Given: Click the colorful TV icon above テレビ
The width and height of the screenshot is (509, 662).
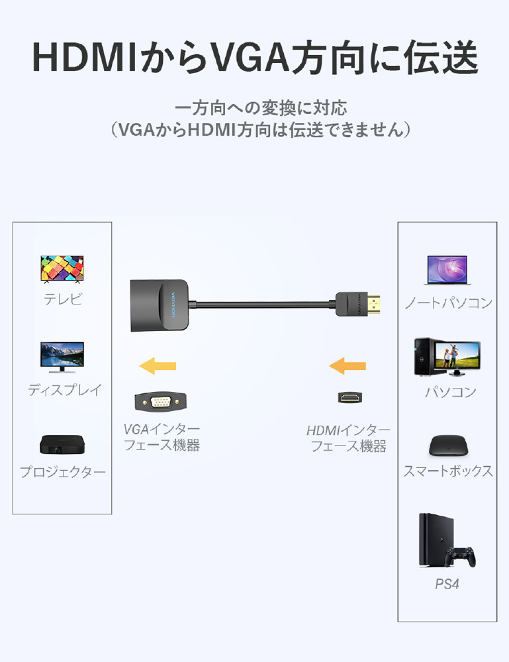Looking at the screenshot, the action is click(x=62, y=269).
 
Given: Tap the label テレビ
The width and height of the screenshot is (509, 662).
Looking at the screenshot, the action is click(x=62, y=299).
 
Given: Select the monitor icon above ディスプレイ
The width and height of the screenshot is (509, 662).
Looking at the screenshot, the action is click(x=62, y=357).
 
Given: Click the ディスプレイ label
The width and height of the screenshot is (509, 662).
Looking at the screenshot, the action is click(x=65, y=390).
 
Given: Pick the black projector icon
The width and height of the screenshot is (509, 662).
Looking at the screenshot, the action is click(x=62, y=445).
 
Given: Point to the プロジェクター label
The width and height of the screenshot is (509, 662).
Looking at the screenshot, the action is click(x=62, y=471).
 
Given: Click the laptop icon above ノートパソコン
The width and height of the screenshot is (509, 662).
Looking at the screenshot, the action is click(x=447, y=270).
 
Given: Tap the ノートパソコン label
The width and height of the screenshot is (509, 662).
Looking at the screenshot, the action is click(x=448, y=303).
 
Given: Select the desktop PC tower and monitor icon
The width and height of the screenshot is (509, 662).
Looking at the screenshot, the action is click(x=447, y=357).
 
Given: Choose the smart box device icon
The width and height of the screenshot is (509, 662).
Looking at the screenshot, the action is click(x=448, y=445).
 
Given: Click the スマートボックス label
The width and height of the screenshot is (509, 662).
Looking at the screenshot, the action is click(x=448, y=471).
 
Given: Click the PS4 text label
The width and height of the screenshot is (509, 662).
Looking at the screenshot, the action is click(x=447, y=584).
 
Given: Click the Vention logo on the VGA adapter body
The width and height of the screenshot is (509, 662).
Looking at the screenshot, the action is click(x=173, y=305).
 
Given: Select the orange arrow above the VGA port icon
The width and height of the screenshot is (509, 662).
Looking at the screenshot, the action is click(x=158, y=365).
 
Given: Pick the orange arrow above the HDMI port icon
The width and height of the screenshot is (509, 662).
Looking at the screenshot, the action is click(x=347, y=365).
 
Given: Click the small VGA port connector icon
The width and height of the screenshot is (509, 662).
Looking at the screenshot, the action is click(x=160, y=401).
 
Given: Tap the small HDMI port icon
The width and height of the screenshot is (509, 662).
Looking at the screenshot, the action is click(x=350, y=397).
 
